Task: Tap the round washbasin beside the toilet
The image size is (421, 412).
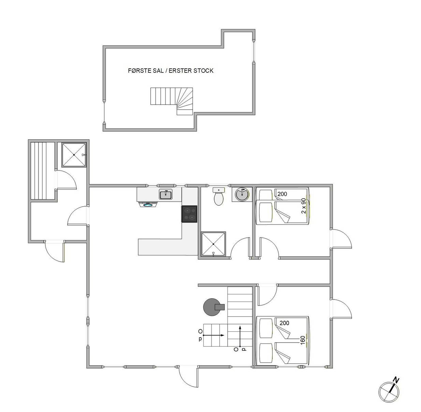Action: [x=242, y=194]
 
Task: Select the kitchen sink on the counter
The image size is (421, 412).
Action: [x=166, y=194]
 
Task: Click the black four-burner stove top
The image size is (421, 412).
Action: [x=189, y=214]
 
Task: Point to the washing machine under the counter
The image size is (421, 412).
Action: [x=148, y=204]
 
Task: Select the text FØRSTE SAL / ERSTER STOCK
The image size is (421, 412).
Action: [x=171, y=71]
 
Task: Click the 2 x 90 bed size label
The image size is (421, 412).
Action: [x=304, y=206]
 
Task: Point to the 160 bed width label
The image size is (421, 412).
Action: [x=303, y=339]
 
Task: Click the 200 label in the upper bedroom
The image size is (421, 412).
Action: [x=282, y=194]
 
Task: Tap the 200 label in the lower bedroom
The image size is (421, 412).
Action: [x=284, y=323]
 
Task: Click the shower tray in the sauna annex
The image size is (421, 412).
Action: [x=74, y=155]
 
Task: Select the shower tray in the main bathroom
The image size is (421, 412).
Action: [x=213, y=244]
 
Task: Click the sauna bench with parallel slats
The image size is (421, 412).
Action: [x=42, y=170]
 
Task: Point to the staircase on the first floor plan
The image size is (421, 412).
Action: [x=172, y=101]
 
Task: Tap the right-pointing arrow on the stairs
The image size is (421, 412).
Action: [x=214, y=335]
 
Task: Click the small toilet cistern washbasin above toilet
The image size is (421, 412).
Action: [x=219, y=190]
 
